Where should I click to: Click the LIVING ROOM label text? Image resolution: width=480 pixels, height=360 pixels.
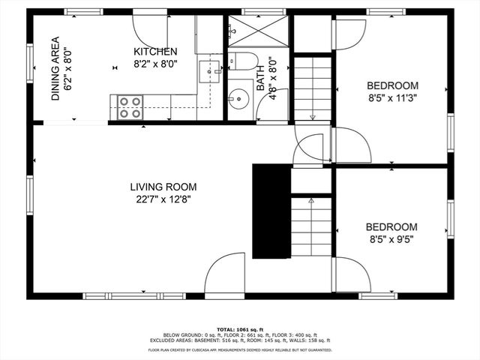[x=163, y=187]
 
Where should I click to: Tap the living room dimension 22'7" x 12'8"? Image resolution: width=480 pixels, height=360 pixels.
[x=163, y=199]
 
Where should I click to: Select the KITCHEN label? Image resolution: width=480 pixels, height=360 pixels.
[x=155, y=52]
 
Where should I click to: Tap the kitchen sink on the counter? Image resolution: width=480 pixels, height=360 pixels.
[x=208, y=72]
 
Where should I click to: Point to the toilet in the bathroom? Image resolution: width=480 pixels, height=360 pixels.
[x=241, y=62]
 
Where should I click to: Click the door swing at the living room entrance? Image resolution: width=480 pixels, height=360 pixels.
[x=223, y=274]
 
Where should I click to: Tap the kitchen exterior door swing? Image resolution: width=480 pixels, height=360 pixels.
[x=152, y=31]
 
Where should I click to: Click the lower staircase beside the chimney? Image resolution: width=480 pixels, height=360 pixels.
[x=311, y=225]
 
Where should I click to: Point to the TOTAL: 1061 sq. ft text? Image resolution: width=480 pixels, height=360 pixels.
[x=240, y=328]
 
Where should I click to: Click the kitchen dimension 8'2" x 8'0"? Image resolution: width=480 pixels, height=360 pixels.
[x=155, y=64]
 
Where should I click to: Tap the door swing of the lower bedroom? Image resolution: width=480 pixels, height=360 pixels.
[x=351, y=275]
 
